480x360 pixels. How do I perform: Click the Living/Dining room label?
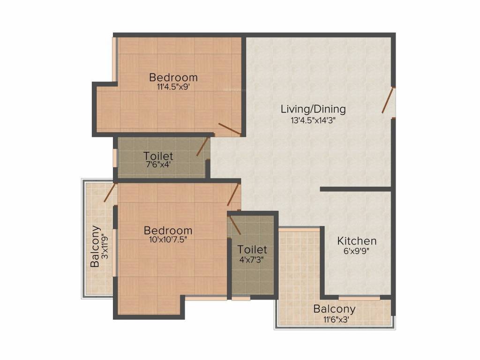[x=313, y=109]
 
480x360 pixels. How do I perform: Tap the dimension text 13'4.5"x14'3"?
[x=313, y=120]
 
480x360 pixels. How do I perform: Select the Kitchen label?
[x=357, y=241]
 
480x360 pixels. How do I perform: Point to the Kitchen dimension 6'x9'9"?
[x=357, y=251]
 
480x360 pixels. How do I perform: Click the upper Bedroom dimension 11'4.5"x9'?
[x=173, y=87]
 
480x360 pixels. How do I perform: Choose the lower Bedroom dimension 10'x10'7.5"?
[x=168, y=240]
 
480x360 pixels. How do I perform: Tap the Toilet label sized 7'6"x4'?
[x=158, y=156]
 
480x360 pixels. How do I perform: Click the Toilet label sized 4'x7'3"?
[x=252, y=249]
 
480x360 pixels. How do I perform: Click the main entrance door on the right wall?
[x=388, y=100]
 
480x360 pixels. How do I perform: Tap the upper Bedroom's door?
[x=230, y=129]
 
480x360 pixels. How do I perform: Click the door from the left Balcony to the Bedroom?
[x=110, y=193]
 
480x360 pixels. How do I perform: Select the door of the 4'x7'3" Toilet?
[x=235, y=225]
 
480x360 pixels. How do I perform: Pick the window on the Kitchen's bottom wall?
[x=359, y=298]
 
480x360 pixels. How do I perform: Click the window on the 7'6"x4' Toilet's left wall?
[x=115, y=157]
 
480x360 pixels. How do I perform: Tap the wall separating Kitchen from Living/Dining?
[x=356, y=189]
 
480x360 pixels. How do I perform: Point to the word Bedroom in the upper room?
[x=173, y=77]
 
